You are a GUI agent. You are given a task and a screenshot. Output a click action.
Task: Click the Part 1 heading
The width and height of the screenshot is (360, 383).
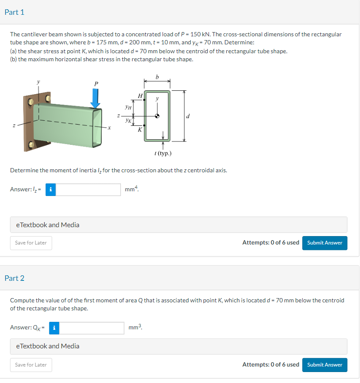[x=14, y=12]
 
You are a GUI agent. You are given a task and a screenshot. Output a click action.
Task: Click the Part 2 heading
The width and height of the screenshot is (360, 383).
[x=14, y=278]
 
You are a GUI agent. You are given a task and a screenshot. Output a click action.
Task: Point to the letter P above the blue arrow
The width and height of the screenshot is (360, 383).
[x=96, y=84]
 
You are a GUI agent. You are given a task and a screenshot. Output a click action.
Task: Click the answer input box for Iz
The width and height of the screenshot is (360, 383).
[x=88, y=190]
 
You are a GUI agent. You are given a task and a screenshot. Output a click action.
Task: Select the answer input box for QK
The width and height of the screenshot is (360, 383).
[x=92, y=328]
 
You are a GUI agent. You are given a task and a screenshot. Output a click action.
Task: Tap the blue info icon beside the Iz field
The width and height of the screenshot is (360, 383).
[x=51, y=190]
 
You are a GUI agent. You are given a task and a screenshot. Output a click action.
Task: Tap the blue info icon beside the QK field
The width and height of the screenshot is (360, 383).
[x=54, y=328]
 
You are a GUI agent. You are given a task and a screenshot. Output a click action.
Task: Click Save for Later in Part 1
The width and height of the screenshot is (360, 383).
[x=31, y=243]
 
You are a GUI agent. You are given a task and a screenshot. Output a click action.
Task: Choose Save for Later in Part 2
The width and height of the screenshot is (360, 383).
[x=31, y=365]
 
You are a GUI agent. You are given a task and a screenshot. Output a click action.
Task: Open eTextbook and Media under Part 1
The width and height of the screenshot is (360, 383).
[x=48, y=225]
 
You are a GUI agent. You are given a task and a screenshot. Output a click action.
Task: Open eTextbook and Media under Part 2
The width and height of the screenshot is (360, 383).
[x=48, y=346]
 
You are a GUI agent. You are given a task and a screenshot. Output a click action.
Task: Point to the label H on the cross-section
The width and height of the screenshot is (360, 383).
[x=140, y=96]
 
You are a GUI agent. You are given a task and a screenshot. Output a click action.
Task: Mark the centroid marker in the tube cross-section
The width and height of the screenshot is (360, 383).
[x=157, y=117]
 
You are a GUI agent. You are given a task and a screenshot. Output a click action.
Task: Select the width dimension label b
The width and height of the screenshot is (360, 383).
[x=157, y=76]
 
